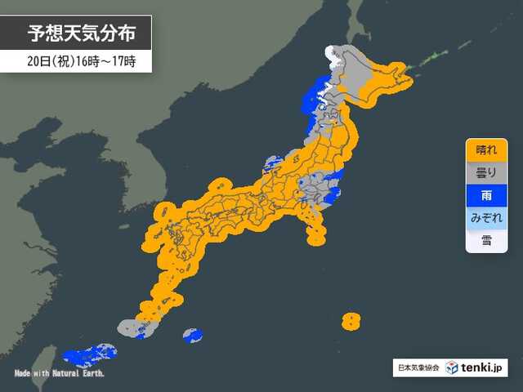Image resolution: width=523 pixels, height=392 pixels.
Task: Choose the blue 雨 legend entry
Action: [x=486, y=197]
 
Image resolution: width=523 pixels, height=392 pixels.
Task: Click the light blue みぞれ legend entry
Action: [x=486, y=219]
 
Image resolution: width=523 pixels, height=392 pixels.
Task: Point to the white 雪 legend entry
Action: [x=486, y=241]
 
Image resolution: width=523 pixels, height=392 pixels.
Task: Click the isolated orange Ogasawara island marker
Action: [x=351, y=320]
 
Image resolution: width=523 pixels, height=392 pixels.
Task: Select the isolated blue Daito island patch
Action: [x=192, y=335]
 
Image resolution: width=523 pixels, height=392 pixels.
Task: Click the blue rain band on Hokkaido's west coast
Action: [x=313, y=98]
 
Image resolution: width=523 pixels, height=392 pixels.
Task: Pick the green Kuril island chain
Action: [x=432, y=58]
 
